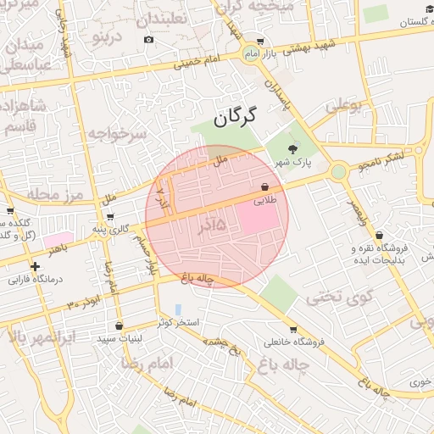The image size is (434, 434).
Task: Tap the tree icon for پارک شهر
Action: pos(293,149)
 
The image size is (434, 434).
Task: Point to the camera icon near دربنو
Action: pos(149,39)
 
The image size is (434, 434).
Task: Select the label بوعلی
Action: pos(343,106)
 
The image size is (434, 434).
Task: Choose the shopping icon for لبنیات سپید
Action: pos(119,325)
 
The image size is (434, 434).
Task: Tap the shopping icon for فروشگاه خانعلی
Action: pos(293,330)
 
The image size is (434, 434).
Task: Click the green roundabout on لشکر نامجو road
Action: pos(338,172)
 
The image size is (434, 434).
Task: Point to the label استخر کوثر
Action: pos(178,323)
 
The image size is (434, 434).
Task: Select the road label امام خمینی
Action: pos(195,60)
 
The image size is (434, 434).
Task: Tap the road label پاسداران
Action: pos(277,97)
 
